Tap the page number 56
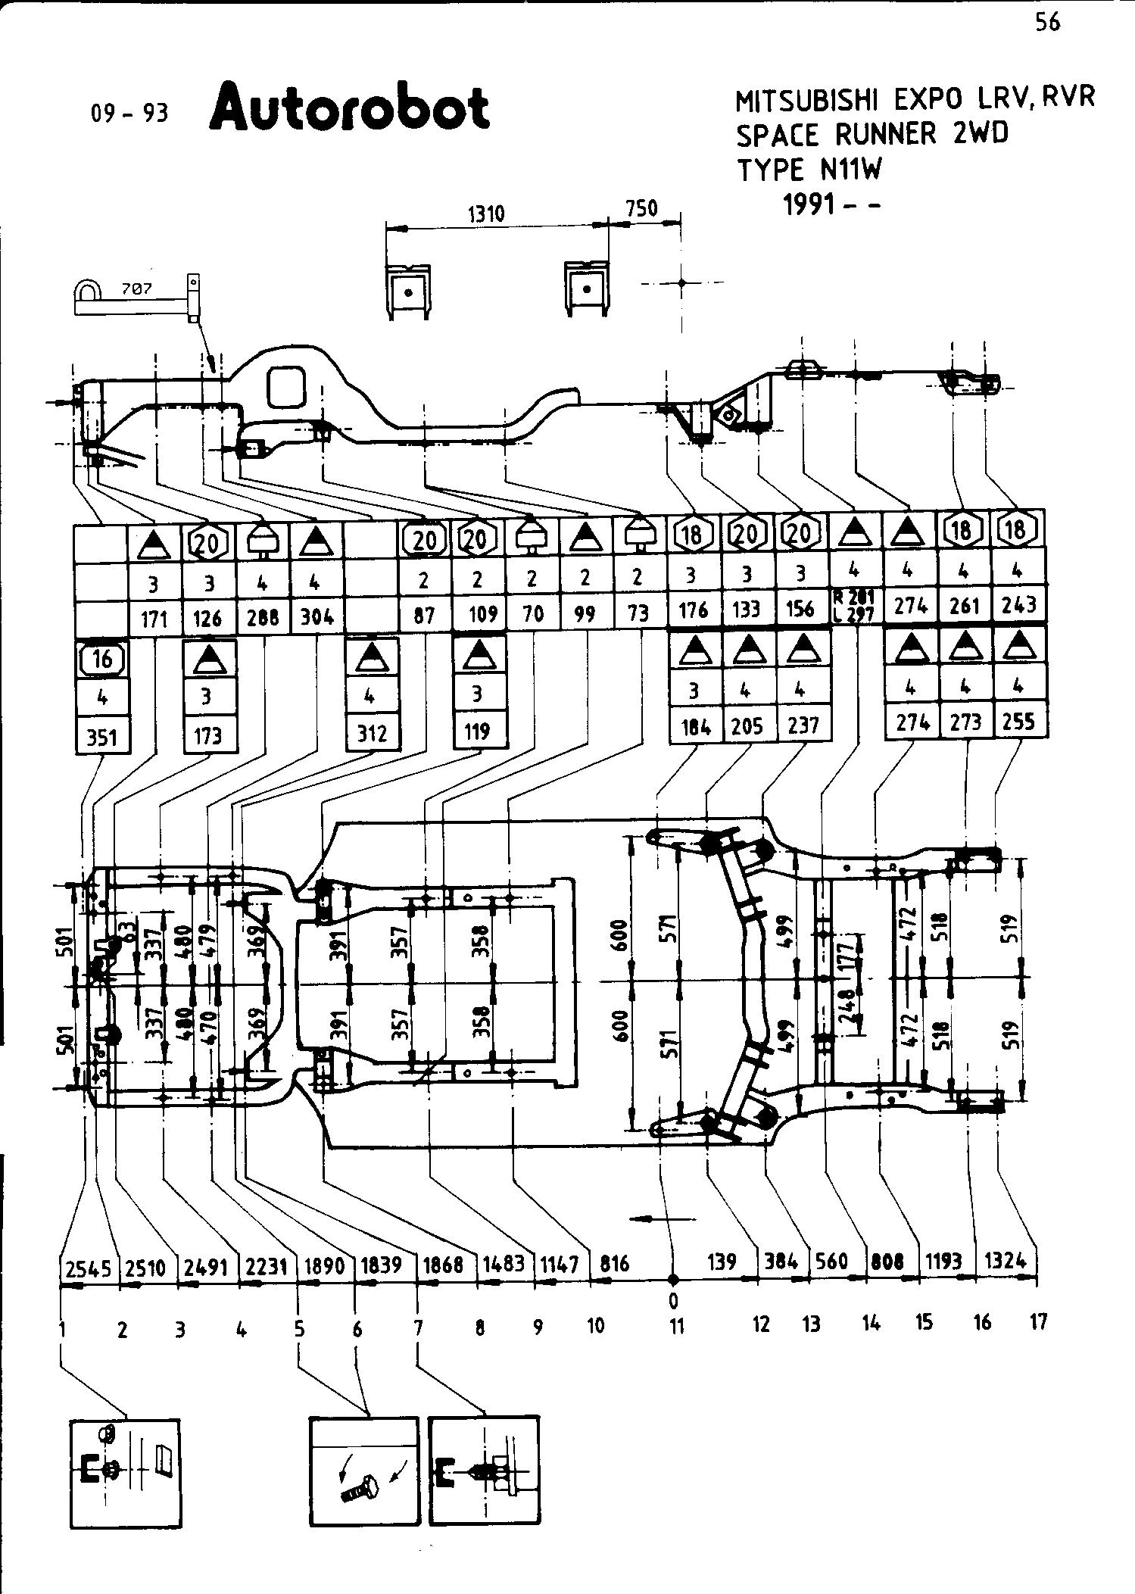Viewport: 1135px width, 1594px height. click(1047, 23)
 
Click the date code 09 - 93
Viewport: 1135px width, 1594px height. click(129, 114)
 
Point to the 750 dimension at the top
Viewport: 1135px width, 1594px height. click(642, 208)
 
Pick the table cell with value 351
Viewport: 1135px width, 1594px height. click(101, 735)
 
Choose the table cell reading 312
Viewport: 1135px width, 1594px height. click(372, 732)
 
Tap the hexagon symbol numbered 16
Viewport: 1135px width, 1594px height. click(102, 659)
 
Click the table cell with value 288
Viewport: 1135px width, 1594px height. click(263, 616)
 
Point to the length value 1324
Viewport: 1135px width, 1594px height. click(1006, 1261)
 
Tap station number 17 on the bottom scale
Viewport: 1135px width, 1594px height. click(1039, 1322)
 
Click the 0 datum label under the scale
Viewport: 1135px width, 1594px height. click(673, 1301)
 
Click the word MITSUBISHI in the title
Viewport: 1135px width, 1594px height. click(809, 100)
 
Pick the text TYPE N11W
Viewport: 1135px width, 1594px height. click(809, 170)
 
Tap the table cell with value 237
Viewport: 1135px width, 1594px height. click(803, 725)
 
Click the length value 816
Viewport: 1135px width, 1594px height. click(615, 1264)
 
